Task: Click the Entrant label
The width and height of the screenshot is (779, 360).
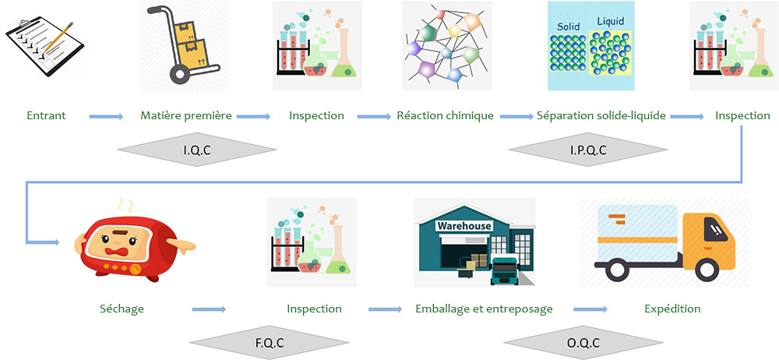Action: (46, 116)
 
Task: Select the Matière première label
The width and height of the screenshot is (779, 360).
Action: (186, 116)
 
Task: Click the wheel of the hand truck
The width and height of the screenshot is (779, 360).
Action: (180, 73)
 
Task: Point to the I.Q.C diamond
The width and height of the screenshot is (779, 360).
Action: (197, 150)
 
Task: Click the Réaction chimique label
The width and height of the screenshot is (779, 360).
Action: (445, 116)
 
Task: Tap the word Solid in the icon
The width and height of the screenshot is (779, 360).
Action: (568, 26)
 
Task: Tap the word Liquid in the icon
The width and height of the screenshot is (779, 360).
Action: (610, 22)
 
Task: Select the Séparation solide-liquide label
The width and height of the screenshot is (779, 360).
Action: (601, 116)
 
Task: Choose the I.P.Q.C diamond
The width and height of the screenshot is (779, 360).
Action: (588, 150)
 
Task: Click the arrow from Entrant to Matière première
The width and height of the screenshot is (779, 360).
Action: (106, 116)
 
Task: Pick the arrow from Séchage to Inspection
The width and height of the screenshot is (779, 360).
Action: (209, 309)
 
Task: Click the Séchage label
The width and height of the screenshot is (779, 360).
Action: (122, 309)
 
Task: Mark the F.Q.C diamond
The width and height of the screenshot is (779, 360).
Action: (270, 343)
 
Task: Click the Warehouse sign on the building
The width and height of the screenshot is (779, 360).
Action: (464, 226)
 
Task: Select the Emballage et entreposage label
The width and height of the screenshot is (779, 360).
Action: (484, 309)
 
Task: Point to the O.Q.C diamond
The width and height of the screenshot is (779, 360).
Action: (583, 343)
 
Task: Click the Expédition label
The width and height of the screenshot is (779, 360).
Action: (673, 309)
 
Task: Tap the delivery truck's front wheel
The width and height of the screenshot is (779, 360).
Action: (707, 270)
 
